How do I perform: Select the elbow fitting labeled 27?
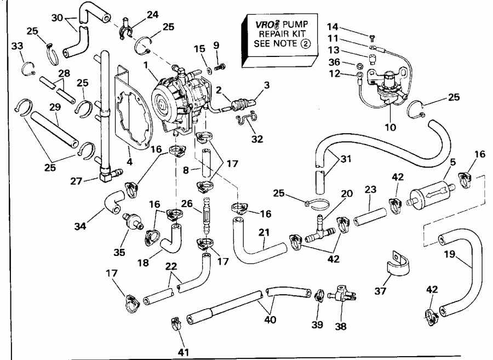click(x=106, y=175)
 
